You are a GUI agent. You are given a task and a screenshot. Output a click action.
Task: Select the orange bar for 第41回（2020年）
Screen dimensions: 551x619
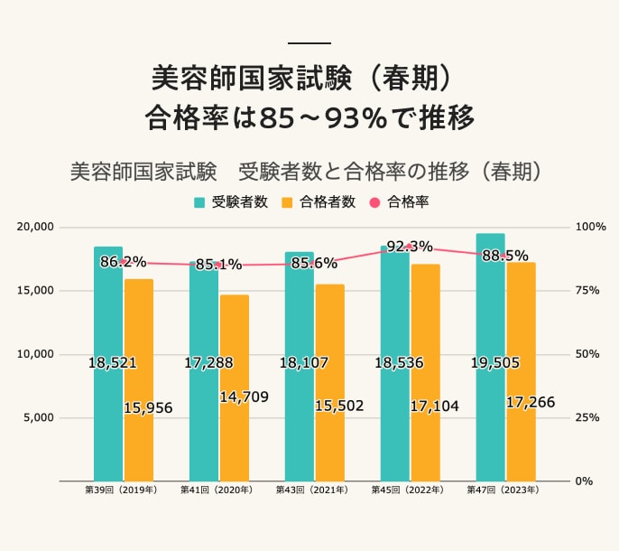pyautogui.click(x=235, y=434)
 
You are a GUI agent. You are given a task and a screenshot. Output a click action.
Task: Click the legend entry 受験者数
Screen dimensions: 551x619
pyautogui.click(x=232, y=202)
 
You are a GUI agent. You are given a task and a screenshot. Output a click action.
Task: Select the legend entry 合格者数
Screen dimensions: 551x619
pyautogui.click(x=319, y=202)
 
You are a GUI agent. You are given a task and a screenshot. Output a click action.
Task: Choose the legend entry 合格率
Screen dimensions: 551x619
pyautogui.click(x=400, y=202)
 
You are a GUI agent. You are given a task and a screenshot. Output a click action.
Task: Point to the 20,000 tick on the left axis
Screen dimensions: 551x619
pyautogui.click(x=37, y=227)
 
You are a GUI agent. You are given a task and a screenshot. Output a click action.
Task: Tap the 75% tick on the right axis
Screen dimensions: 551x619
pyautogui.click(x=587, y=291)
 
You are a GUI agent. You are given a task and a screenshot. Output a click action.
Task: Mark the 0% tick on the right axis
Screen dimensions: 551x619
pyautogui.click(x=585, y=481)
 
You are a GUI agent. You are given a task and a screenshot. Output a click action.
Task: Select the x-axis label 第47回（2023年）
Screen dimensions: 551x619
pyautogui.click(x=503, y=490)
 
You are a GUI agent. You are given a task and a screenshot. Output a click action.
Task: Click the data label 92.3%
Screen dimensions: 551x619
pyautogui.click(x=410, y=247)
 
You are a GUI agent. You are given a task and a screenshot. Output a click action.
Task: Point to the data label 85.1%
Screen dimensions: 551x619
pyautogui.click(x=218, y=265)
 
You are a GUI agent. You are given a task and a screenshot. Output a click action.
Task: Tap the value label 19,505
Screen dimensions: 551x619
pyautogui.click(x=494, y=363)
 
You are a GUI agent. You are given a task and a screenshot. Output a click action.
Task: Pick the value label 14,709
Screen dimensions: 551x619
pyautogui.click(x=245, y=397)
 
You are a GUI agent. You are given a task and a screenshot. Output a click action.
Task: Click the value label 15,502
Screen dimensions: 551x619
pyautogui.click(x=339, y=406)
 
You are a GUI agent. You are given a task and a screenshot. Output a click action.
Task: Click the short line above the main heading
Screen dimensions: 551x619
pyautogui.click(x=309, y=43)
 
